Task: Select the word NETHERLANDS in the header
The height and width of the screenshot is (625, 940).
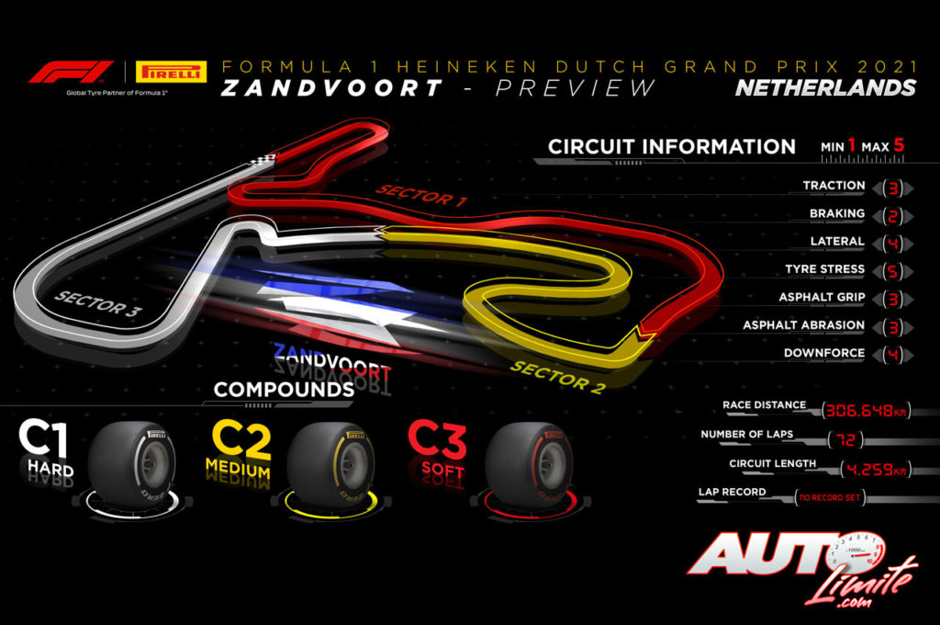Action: coord(826,88)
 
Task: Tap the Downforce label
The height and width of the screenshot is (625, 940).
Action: coord(823,353)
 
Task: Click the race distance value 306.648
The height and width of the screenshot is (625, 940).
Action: coord(864,410)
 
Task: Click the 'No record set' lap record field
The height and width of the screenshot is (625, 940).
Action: coord(829,498)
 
